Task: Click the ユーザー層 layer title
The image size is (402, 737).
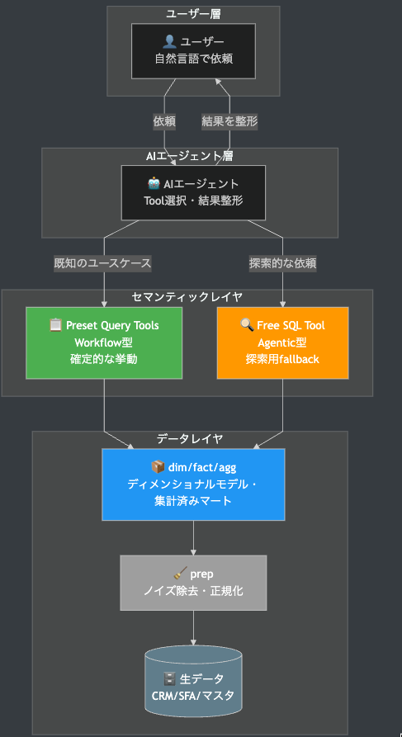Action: click(x=193, y=13)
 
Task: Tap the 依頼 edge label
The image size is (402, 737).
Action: click(x=164, y=120)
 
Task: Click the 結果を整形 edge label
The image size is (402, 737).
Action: click(x=229, y=120)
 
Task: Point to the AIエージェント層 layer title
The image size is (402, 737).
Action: click(x=190, y=156)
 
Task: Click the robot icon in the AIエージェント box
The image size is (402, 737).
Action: click(x=154, y=184)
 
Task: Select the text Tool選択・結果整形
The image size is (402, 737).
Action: click(x=193, y=201)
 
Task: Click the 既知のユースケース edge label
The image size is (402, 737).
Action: click(x=102, y=264)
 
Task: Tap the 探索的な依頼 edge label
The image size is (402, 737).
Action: click(x=282, y=264)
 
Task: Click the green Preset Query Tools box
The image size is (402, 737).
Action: click(x=105, y=343)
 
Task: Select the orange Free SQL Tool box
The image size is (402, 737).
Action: click(x=282, y=343)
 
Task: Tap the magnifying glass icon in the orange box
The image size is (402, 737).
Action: click(x=247, y=325)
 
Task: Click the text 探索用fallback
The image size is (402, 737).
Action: click(x=282, y=359)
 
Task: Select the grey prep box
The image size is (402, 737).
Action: click(x=193, y=582)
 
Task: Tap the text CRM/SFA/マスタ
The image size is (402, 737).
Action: click(x=193, y=696)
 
